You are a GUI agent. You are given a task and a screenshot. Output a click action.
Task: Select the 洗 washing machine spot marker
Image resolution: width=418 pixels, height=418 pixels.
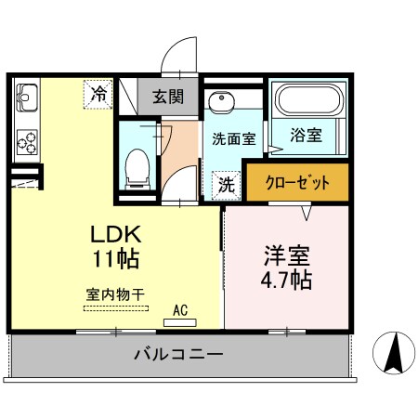[x=224, y=183]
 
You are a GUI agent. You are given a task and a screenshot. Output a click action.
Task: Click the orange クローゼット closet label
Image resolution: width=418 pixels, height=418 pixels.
[x=297, y=182]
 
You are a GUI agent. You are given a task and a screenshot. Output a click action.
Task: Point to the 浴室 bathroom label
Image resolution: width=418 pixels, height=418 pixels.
[x=307, y=136]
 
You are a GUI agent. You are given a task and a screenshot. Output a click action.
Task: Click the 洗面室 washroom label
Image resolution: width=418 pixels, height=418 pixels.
[x=233, y=140]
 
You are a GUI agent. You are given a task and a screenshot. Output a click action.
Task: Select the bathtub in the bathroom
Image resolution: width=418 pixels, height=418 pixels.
[x=307, y=100]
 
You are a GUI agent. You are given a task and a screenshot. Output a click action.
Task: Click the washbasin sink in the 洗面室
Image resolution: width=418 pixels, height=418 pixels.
[x=221, y=104]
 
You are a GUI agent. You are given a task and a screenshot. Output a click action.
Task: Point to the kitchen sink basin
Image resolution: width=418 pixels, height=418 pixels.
[x=25, y=95]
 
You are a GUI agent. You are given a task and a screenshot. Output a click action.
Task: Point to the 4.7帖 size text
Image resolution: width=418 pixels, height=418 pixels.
[x=285, y=278]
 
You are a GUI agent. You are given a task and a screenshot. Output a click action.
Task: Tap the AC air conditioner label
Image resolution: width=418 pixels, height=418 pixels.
[x=180, y=312]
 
